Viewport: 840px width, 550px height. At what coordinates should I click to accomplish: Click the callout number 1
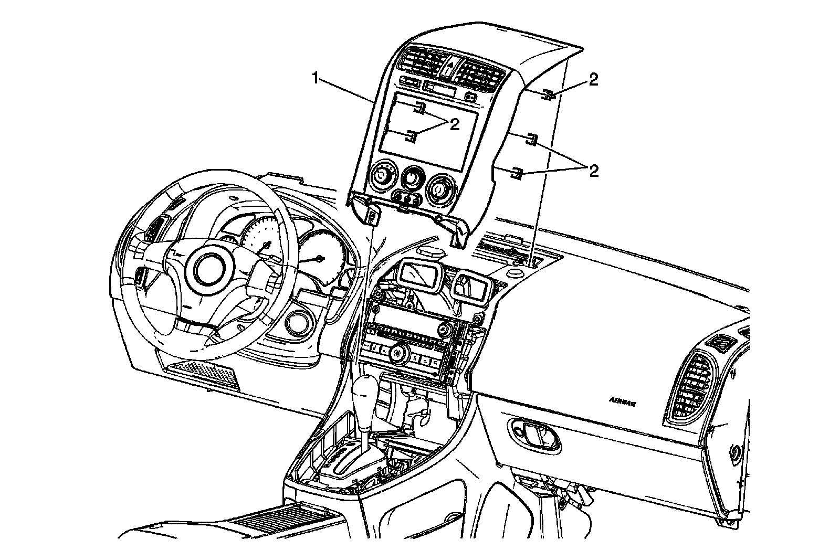click(x=315, y=79)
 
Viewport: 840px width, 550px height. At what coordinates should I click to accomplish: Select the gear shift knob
click(x=366, y=392)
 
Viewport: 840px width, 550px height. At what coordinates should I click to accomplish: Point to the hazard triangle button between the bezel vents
click(x=448, y=67)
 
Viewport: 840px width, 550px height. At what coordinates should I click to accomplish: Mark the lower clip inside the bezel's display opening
click(x=411, y=136)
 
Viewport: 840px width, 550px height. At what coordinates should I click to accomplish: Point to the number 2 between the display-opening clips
click(x=454, y=124)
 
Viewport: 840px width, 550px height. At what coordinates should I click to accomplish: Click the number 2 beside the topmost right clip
click(x=593, y=79)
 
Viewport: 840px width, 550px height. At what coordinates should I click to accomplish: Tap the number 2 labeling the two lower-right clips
click(x=593, y=171)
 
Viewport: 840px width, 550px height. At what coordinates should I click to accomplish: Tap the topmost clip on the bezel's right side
click(x=548, y=95)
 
